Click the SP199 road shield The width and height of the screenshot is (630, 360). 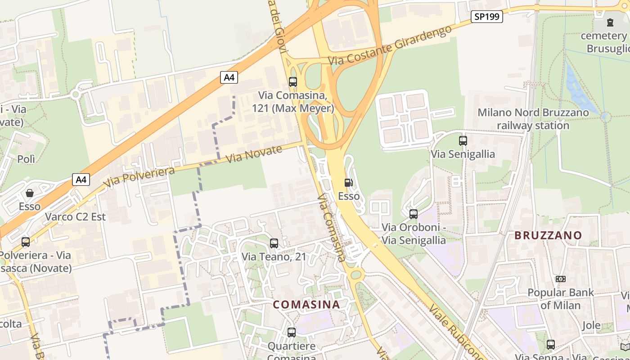487,17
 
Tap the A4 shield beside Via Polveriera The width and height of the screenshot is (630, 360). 81,180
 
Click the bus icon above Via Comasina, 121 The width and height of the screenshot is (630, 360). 293,82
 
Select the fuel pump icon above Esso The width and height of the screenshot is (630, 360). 348,183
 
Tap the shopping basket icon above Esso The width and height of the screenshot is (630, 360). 30,193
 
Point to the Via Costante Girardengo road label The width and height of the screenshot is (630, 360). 390,45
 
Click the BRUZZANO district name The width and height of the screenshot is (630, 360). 548,235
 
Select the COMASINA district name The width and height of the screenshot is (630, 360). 306,304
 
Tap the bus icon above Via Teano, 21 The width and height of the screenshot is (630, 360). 274,243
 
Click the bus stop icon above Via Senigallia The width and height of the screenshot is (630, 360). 463,141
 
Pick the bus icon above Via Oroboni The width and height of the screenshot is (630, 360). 414,214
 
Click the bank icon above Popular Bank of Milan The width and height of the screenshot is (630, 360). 561,279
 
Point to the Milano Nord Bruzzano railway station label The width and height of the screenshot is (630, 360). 533,119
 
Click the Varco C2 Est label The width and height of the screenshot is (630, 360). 75,217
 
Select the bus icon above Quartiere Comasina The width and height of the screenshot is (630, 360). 292,333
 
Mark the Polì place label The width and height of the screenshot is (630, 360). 26,159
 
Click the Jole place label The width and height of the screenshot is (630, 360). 591,325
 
